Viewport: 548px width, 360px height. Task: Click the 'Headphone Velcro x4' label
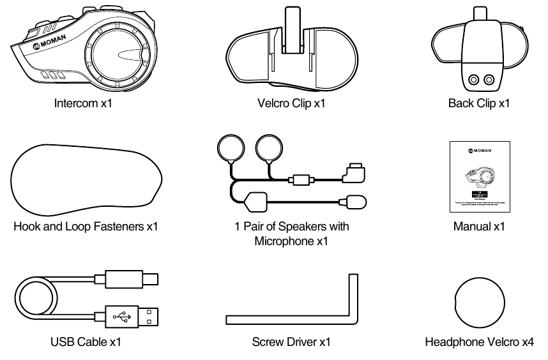pos(480,342)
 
